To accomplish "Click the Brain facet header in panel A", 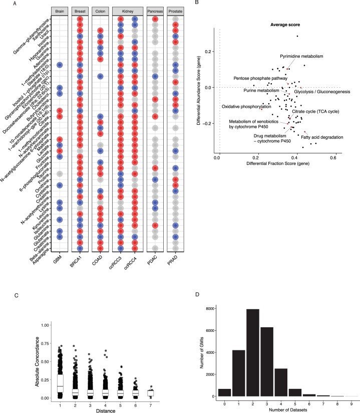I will pyautogui.click(x=60, y=11).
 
